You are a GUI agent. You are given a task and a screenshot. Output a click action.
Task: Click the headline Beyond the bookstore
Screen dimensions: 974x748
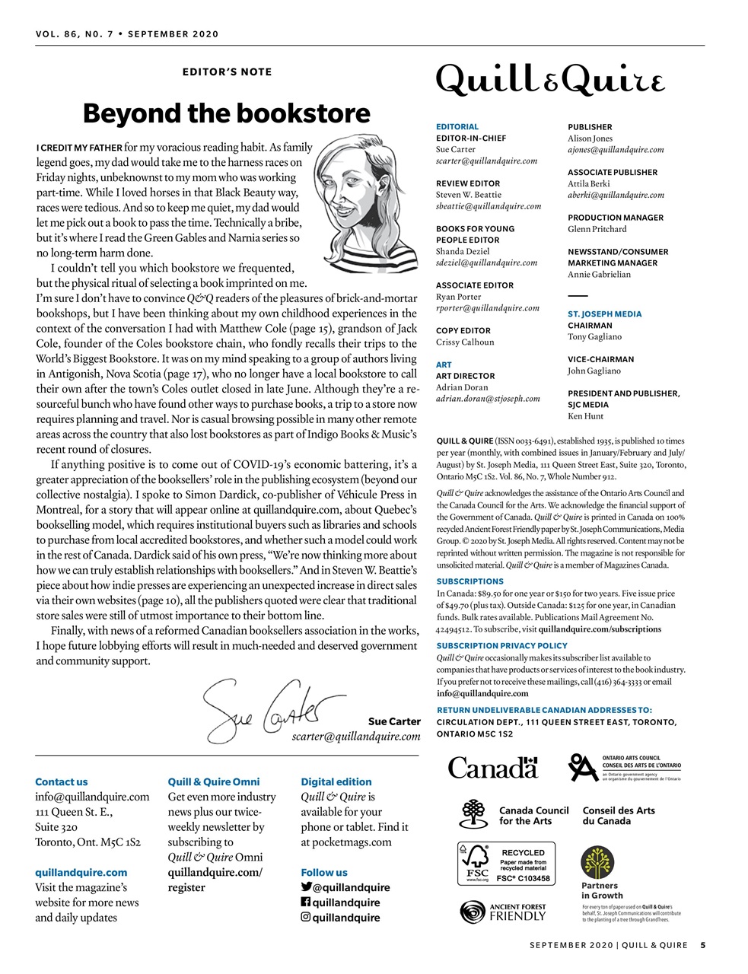click(x=226, y=113)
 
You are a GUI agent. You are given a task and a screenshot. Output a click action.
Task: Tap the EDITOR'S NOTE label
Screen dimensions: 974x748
click(x=227, y=72)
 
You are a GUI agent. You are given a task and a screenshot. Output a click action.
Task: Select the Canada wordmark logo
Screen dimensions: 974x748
click(x=492, y=767)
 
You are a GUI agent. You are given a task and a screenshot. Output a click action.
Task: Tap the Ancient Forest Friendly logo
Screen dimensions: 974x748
click(x=503, y=912)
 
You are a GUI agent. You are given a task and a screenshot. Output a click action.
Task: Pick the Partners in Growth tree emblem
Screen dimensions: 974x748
click(x=597, y=862)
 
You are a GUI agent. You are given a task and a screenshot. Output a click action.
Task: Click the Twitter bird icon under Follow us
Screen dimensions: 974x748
click(x=306, y=886)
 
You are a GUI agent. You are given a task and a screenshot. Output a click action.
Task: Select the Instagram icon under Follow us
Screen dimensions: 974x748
click(x=306, y=917)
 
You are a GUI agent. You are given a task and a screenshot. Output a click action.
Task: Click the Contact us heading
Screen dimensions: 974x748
click(x=61, y=781)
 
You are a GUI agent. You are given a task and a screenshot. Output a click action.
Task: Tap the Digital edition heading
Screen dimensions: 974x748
click(x=336, y=781)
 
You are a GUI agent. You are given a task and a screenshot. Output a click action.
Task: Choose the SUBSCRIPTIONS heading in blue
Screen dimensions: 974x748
click(x=469, y=581)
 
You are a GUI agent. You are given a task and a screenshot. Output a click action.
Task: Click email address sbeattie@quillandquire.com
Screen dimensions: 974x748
click(x=488, y=206)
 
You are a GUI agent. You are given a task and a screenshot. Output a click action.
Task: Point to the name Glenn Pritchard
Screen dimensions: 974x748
click(x=597, y=229)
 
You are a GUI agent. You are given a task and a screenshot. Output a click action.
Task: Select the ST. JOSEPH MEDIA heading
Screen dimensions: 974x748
click(x=604, y=314)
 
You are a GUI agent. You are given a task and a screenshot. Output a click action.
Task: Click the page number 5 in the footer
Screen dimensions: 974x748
click(x=703, y=946)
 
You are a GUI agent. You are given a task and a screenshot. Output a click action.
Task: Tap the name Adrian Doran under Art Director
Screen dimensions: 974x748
click(x=462, y=387)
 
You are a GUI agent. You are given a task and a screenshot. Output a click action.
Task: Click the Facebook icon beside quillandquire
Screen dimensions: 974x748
click(x=306, y=902)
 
